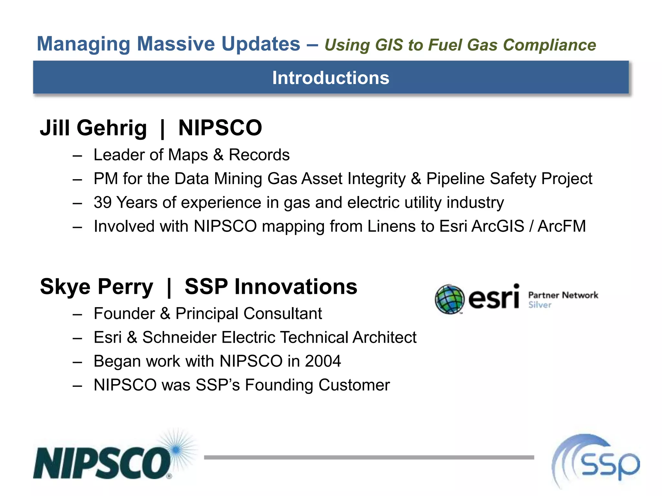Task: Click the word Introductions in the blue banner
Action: (331, 78)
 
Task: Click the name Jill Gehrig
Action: (93, 128)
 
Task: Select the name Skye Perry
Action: (96, 287)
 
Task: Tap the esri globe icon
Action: (449, 299)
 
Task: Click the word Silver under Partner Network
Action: (540, 305)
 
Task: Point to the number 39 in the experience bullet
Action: (102, 203)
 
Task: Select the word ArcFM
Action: (561, 226)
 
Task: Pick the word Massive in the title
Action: (176, 44)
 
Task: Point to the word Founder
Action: (124, 314)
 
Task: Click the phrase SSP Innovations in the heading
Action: (271, 287)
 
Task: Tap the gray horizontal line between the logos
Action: (368, 457)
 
